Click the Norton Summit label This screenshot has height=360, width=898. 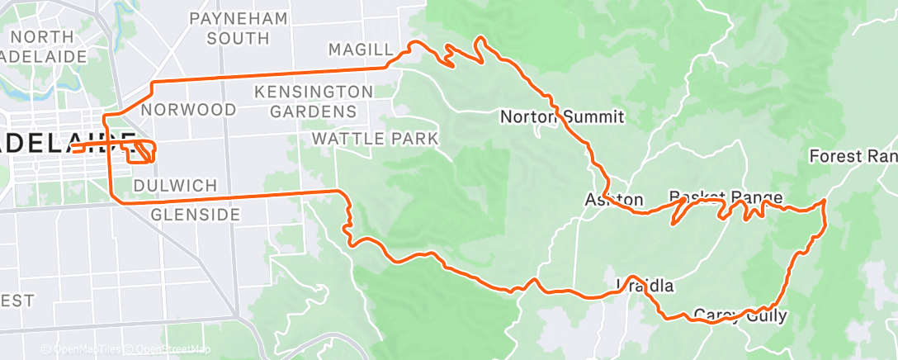pos(562,116)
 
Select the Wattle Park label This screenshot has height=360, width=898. pos(375,139)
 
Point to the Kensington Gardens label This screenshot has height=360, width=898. pos(305,100)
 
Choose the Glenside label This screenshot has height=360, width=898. pos(196,215)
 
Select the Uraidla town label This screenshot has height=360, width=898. pos(645,287)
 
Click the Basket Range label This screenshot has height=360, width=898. pos(725,197)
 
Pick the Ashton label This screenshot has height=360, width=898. pos(613,199)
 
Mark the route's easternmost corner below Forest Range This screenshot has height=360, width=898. pos(825,201)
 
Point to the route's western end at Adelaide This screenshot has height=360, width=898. pos(73,149)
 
